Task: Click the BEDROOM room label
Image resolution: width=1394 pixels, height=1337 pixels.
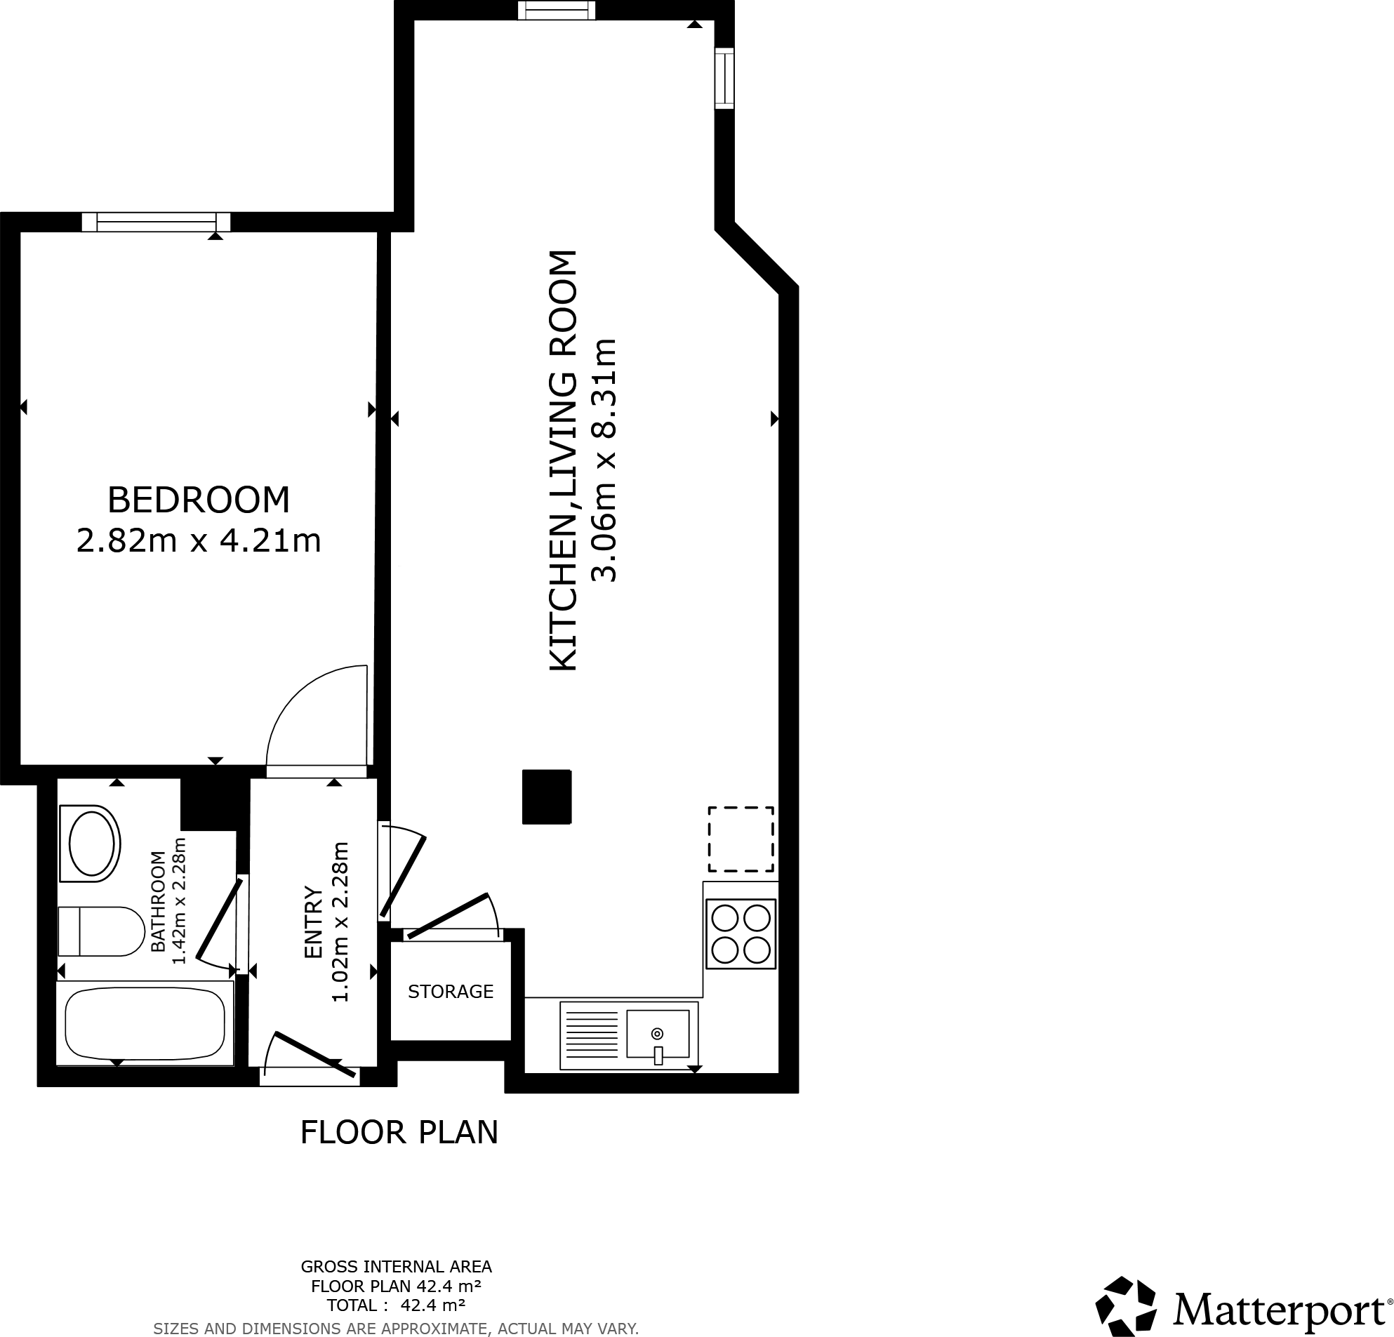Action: click(199, 500)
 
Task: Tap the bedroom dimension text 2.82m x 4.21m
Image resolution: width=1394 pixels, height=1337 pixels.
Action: click(199, 541)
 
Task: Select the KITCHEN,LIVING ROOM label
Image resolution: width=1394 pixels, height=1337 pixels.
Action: click(564, 460)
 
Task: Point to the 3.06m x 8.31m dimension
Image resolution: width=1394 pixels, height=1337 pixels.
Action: click(605, 460)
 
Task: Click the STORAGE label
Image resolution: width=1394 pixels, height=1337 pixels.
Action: click(450, 992)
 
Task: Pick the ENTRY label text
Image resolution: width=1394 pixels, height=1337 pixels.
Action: click(313, 922)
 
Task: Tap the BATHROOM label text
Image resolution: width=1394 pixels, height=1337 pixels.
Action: click(158, 901)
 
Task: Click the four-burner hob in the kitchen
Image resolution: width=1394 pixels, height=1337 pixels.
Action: click(741, 933)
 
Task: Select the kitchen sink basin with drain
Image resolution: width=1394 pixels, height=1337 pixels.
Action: click(657, 1034)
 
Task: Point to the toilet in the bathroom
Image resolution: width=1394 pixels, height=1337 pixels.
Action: click(101, 931)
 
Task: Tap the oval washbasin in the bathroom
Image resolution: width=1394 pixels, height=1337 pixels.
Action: click(91, 844)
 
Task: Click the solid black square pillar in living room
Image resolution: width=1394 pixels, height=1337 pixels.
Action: click(546, 797)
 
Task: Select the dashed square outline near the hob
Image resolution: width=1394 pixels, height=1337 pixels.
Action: click(741, 839)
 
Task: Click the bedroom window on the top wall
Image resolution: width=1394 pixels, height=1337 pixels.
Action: click(157, 222)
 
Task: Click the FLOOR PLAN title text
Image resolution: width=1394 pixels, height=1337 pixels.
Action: click(399, 1132)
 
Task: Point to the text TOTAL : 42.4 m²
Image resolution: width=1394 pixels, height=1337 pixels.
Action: click(395, 1305)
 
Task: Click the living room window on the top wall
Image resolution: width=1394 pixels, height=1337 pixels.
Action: click(556, 10)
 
